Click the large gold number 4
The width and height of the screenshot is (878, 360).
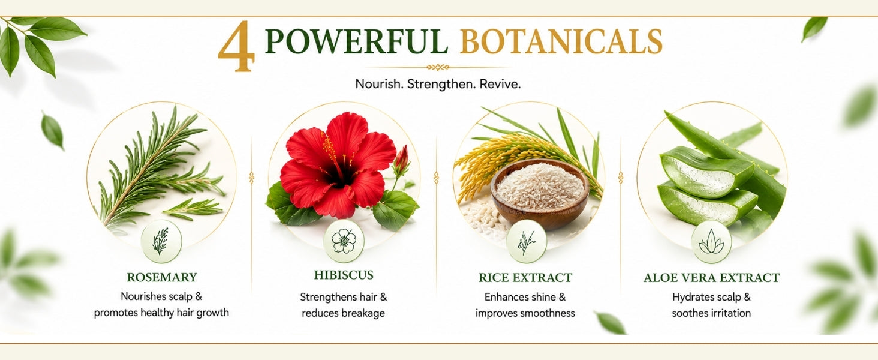(x=236, y=47)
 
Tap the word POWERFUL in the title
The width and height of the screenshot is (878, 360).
(x=356, y=41)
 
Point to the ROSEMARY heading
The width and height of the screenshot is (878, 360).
(x=161, y=277)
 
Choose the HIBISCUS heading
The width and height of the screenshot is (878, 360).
(x=344, y=275)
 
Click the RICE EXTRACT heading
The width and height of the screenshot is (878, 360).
(x=525, y=278)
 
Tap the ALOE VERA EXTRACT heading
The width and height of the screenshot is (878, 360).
(x=711, y=278)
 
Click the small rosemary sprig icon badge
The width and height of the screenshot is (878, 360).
(x=161, y=241)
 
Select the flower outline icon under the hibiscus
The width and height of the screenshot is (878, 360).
(x=344, y=241)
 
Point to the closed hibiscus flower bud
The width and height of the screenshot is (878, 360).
(x=401, y=159)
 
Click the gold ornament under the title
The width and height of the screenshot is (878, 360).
(x=438, y=67)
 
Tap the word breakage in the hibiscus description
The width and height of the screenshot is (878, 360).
(x=363, y=313)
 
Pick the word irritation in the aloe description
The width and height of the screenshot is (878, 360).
(x=730, y=313)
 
